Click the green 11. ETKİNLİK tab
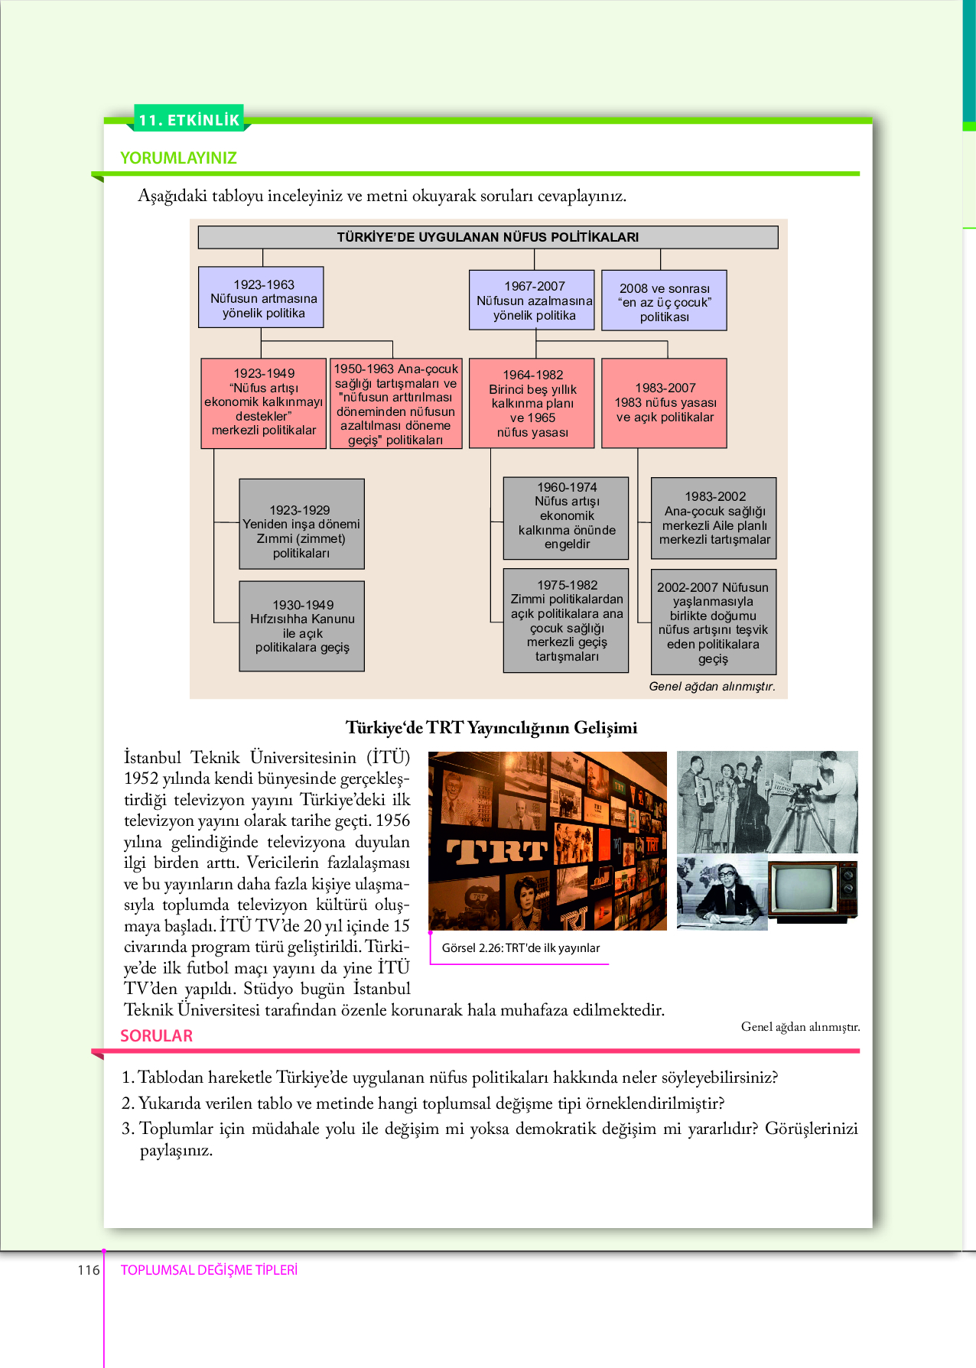(189, 119)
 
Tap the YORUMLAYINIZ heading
(178, 158)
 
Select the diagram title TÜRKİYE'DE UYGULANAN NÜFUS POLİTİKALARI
(487, 237)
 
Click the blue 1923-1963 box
(261, 297)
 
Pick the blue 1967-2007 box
(532, 300)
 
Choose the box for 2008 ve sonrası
(664, 301)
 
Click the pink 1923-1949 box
(264, 402)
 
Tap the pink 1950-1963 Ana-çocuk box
(395, 404)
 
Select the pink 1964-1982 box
(532, 403)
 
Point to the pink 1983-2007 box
(664, 403)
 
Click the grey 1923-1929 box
(301, 524)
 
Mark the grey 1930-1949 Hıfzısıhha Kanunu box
(301, 626)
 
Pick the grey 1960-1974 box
(566, 518)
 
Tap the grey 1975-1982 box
(566, 620)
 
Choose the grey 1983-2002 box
(714, 518)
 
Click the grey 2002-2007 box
(714, 622)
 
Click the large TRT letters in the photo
(497, 851)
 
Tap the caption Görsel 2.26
(520, 948)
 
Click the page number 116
(89, 1270)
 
